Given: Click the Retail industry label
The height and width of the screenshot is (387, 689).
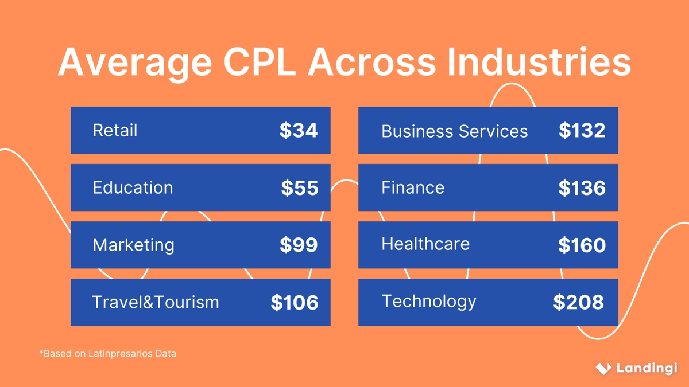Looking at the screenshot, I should [115, 130].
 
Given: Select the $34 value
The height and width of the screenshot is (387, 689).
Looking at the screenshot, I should [299, 131].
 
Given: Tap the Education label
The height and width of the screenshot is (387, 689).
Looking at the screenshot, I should [133, 187].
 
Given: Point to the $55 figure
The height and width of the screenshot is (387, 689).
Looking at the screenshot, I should [300, 188].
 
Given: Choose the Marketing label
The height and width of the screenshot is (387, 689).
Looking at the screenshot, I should [133, 245].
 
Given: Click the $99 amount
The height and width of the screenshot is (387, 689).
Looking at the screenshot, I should [299, 245].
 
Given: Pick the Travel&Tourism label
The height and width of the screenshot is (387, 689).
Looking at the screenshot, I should [156, 302].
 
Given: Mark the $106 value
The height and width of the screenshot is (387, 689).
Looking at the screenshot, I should [295, 303].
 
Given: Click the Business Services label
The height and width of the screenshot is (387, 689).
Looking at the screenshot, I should [454, 131].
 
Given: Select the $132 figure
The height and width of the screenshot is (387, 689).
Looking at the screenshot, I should [582, 131].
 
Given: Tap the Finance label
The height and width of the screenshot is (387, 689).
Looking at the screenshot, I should [413, 187].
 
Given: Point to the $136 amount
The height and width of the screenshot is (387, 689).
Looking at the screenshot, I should [582, 188].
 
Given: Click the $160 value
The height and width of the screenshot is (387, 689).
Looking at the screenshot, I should [582, 245].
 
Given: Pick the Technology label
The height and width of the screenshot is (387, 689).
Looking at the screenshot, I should [429, 302].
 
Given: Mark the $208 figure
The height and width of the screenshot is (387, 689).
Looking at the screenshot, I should [579, 302].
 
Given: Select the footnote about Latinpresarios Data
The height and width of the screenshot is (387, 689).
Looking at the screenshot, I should [107, 354].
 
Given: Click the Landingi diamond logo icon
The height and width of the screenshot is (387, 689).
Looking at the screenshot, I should [603, 368].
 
